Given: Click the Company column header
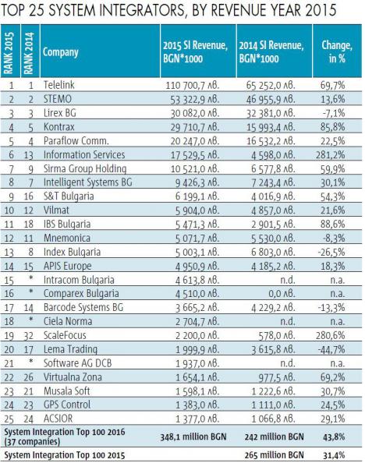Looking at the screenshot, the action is coord(61,52).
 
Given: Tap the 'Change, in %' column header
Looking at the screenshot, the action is coord(337,51).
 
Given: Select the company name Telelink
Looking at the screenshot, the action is coord(58,85).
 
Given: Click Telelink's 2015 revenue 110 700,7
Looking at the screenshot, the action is coord(193,85).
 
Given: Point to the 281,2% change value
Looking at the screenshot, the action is coord(331,155).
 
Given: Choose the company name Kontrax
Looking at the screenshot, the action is coord(58,127).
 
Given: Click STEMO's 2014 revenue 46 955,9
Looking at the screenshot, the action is coord(271,99).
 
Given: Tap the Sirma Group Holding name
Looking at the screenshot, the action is coord(85,168).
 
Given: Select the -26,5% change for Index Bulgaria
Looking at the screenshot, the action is coord(331,253).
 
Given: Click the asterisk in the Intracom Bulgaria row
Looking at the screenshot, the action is coord(30,277).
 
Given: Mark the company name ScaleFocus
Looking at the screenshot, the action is coord(65,335).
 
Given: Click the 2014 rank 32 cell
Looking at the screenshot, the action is coord(28,336).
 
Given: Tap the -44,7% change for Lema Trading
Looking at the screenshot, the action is coord(331,349).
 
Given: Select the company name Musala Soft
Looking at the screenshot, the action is coord(66,391).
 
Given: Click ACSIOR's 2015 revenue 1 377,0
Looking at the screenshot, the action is coord(197,419).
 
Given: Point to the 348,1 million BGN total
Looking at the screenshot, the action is coord(193,436).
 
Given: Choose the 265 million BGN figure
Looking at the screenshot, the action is coord(274,455).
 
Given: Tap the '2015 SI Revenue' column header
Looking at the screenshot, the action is coord(195,51).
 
